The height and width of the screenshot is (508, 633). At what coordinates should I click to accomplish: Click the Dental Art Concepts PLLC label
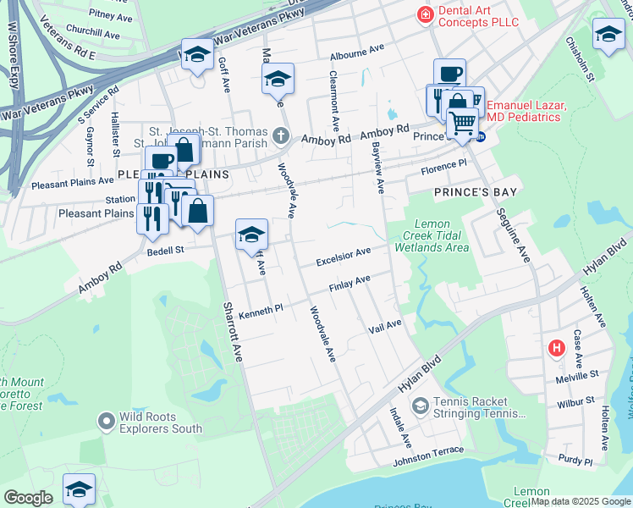[490, 14]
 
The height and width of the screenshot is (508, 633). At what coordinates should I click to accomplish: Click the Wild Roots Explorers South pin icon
[107, 420]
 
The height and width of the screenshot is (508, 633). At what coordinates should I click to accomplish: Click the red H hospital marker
[556, 347]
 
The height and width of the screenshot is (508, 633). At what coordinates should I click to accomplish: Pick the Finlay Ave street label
[350, 281]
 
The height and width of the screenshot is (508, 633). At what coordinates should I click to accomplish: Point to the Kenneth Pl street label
[260, 312]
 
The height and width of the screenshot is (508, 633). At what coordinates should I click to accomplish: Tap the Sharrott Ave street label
[233, 332]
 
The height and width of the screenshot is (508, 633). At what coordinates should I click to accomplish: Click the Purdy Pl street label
[575, 461]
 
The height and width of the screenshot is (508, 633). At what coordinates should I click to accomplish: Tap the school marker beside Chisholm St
[608, 35]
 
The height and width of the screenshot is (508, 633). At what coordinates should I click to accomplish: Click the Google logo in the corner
[28, 498]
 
